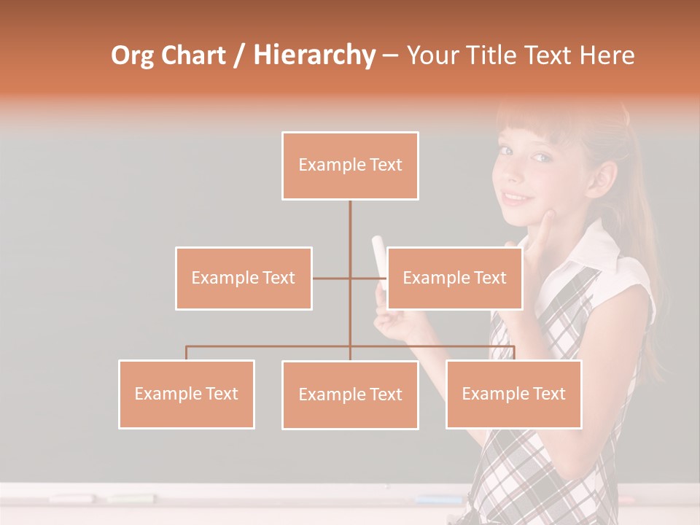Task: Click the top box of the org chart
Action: tap(350, 166)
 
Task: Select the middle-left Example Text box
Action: tap(244, 278)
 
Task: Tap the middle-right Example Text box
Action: tap(454, 278)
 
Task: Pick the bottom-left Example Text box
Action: tap(187, 394)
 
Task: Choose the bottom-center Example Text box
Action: tap(350, 394)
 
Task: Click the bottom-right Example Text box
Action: tap(513, 394)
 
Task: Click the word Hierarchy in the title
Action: tap(314, 55)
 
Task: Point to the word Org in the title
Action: tap(133, 55)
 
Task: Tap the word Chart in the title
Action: tap(192, 55)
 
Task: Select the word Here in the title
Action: tap(607, 55)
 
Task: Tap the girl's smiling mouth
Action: tap(517, 197)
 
